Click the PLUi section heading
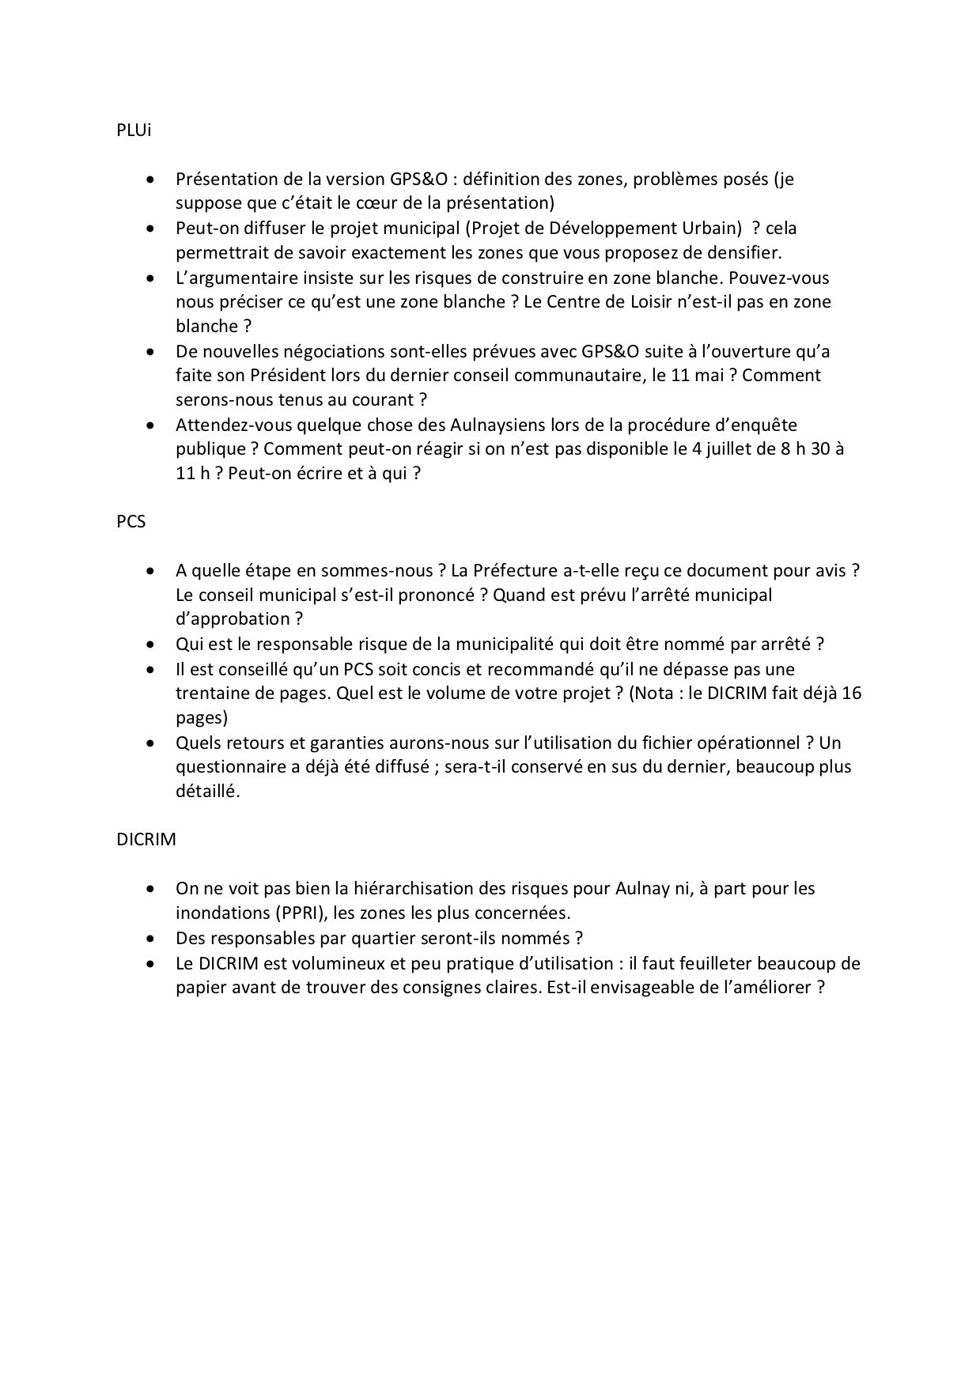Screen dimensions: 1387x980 click(133, 131)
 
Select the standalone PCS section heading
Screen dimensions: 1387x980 click(131, 522)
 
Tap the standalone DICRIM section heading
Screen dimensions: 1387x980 click(146, 840)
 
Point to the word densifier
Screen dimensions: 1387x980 click(744, 253)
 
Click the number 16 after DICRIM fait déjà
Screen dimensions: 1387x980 click(853, 693)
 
